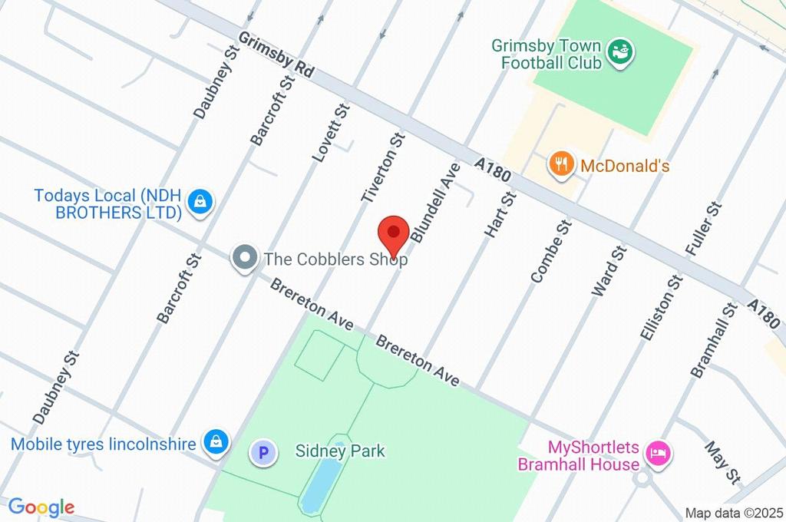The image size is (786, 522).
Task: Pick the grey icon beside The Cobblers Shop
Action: pyautogui.click(x=245, y=258)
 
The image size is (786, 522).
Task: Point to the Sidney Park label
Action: pyautogui.click(x=340, y=451)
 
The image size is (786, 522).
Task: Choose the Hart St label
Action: pyautogui.click(x=500, y=214)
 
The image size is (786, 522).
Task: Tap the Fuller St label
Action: pyautogui.click(x=704, y=229)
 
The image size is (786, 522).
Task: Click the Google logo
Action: pyautogui.click(x=41, y=507)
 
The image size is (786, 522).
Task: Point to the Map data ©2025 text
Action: pyautogui.click(x=734, y=513)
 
